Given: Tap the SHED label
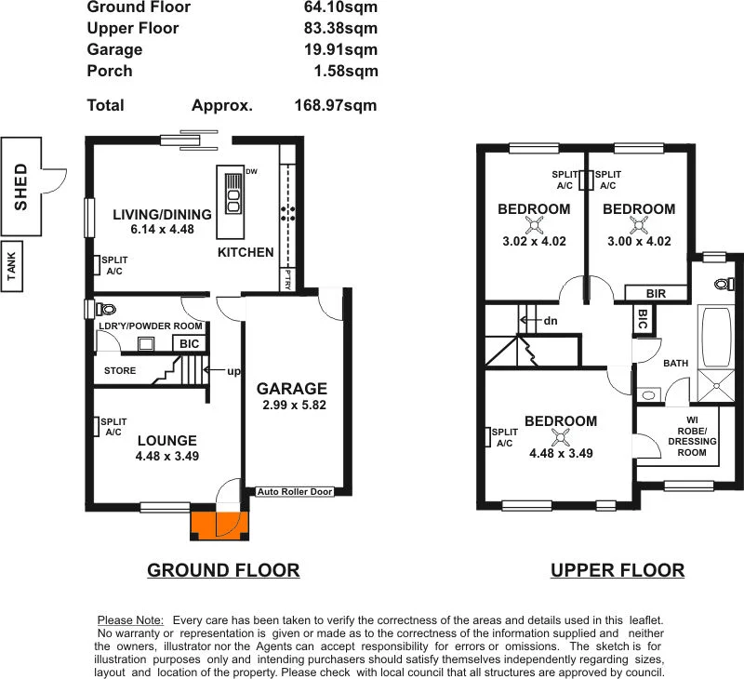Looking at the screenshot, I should [20, 187].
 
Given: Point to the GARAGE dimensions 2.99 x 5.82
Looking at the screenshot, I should [292, 406].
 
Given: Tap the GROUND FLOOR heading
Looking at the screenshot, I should [223, 570].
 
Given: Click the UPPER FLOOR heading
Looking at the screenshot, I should [618, 570].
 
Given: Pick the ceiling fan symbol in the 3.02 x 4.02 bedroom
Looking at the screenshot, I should [535, 224].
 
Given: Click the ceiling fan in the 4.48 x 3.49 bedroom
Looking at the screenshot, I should [560, 437].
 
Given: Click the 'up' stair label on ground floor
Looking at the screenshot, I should [233, 370].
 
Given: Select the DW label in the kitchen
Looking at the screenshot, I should [251, 171].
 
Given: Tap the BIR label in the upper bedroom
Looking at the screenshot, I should [656, 292].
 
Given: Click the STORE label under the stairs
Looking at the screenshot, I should [119, 370].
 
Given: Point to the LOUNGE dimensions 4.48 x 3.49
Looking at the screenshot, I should [166, 456].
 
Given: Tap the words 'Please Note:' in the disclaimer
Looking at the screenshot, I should [130, 619].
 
